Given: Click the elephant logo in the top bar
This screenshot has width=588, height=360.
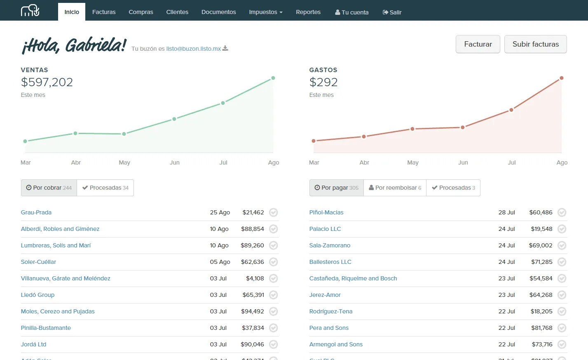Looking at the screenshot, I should coord(30,11).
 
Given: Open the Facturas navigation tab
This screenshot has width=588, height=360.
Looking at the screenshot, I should coord(104,12).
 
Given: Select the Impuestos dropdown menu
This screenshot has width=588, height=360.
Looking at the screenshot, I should coord(265,12).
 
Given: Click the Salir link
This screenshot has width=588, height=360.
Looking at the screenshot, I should coord(392,12).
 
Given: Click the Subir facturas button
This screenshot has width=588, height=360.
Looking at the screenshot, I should coord(535,44).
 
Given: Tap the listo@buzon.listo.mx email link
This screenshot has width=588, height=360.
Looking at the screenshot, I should coord(193,49).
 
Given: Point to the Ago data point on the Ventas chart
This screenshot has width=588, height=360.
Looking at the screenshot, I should coord(273,78).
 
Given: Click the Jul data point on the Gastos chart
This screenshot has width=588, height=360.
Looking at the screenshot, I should coord(511,110).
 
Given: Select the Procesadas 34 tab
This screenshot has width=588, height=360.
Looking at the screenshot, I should coord(105,188).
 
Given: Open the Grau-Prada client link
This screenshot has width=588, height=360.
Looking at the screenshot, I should coord(36,212).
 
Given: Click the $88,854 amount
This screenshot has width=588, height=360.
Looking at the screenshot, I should coord(252,229).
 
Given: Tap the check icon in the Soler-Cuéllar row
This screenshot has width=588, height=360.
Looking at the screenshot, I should coord(273,262).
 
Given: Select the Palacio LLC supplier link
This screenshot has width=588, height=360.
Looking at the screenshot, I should coord(325,229).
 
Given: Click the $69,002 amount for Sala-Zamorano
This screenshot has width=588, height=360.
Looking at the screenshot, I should coord(541,245).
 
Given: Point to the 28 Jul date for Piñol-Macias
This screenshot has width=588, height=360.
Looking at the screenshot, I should coord(506,212).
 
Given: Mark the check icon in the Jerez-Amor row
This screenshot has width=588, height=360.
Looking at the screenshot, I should coord(562,295).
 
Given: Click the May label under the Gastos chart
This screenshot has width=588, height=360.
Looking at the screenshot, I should coord(413,162).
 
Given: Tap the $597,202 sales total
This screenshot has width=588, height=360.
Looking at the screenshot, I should coord(47,82).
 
